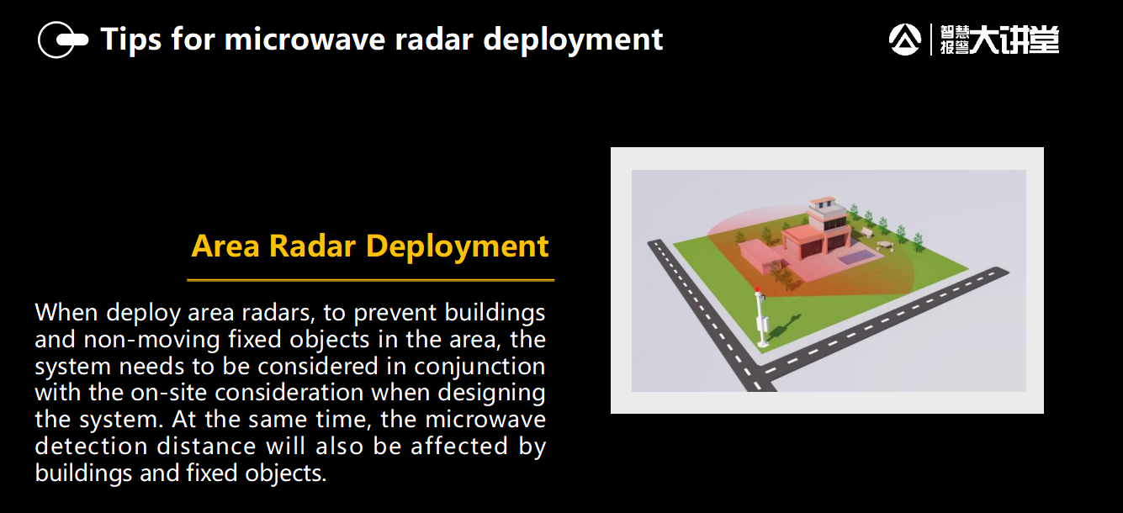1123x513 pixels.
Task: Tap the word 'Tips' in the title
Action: [x=131, y=40]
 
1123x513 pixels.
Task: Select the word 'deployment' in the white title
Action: [x=573, y=40]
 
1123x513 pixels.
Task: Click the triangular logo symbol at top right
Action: [x=904, y=39]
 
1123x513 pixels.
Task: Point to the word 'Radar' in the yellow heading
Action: [x=312, y=246]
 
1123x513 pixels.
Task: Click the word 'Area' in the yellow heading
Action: [x=225, y=246]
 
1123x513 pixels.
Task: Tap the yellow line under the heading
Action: [x=370, y=281]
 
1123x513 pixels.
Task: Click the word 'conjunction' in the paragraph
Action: [x=479, y=367]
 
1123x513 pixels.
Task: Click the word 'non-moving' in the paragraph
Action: [x=152, y=340]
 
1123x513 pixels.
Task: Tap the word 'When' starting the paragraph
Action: [x=66, y=313]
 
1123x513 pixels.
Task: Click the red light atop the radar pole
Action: [x=757, y=289]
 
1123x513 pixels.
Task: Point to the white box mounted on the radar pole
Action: [x=764, y=323]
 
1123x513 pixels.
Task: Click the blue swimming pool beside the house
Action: [x=858, y=257]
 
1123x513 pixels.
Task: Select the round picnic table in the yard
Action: [x=884, y=245]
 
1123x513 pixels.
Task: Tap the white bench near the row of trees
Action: [x=866, y=232]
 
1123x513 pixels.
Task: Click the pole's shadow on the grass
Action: [x=783, y=328]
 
